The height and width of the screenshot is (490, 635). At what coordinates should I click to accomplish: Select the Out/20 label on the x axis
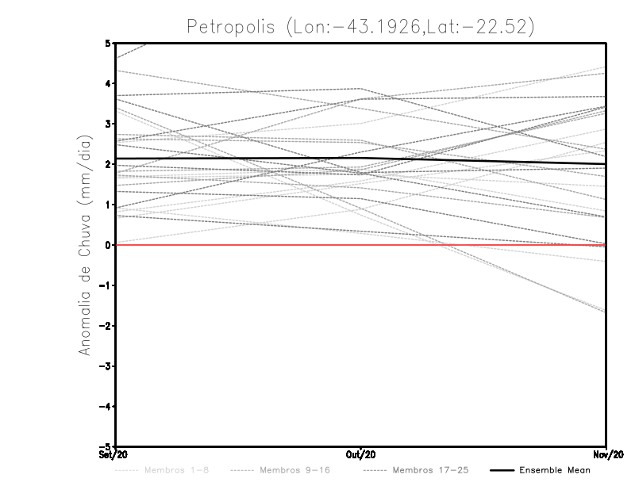coord(361,455)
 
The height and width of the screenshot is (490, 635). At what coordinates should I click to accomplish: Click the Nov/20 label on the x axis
coord(606,455)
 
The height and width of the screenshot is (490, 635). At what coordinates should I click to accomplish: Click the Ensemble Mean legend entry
coord(554,470)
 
